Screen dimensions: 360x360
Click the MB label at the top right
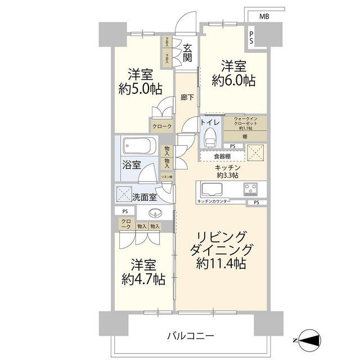[x=264, y=17]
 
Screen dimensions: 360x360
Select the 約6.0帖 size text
[x=233, y=80]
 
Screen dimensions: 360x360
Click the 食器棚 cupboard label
[x=215, y=157]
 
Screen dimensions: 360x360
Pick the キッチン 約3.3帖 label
[x=227, y=172]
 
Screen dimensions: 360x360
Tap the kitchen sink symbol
[x=213, y=188]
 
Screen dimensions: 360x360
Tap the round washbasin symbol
[x=155, y=213]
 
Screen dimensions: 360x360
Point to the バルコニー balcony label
[x=190, y=336]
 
